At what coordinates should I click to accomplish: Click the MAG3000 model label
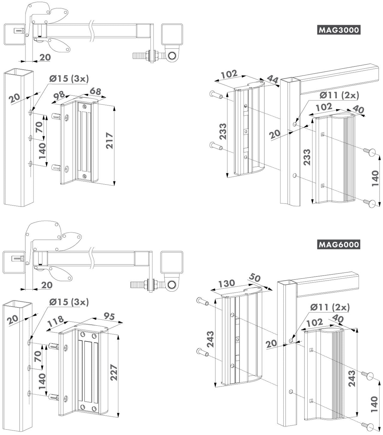point(339,30)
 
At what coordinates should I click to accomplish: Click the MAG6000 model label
point(339,244)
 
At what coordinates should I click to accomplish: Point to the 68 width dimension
point(95,91)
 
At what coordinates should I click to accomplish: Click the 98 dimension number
point(59,95)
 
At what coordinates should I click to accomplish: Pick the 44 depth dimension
point(273,80)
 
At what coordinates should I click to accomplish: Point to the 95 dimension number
point(109,316)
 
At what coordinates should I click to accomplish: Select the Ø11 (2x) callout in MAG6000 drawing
point(330,307)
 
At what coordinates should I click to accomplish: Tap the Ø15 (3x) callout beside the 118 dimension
point(69,302)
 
